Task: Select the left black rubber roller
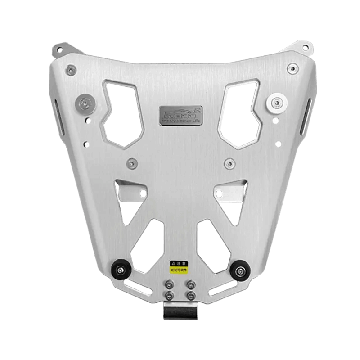pos(121,270)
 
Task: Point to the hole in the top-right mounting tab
pos(305,46)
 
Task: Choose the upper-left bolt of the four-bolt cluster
pos(170,284)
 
